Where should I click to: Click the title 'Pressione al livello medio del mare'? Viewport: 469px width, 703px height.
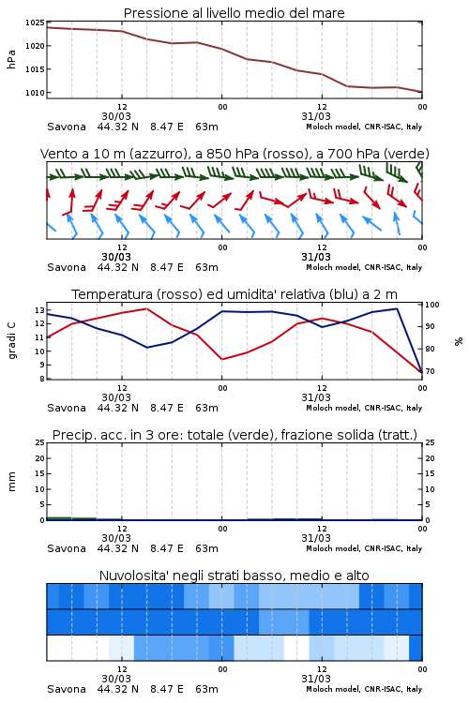[234, 13]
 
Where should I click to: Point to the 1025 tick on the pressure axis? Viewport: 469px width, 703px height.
[35, 22]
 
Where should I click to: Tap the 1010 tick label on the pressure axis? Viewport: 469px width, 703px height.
[35, 93]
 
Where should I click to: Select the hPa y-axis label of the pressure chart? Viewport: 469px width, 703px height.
[11, 59]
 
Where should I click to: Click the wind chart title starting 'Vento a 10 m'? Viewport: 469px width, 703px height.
[234, 154]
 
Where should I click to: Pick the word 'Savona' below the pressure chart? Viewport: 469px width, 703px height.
[67, 127]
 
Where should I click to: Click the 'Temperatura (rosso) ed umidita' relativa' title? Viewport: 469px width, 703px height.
[234, 294]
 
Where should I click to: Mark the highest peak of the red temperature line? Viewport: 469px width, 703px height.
[146, 308]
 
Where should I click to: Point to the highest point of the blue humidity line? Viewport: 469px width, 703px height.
[397, 308]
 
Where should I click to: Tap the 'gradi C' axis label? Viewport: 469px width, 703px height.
[11, 340]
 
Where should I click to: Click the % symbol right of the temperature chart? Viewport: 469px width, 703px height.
[459, 341]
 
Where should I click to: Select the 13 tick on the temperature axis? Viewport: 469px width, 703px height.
[39, 310]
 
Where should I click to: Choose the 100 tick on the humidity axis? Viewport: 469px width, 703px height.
[431, 305]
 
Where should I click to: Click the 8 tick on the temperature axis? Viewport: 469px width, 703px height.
[41, 379]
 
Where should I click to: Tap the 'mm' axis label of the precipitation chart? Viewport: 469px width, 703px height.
[11, 482]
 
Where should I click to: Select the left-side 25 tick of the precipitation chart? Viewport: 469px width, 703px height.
[39, 442]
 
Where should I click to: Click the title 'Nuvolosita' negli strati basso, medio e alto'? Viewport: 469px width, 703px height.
[234, 576]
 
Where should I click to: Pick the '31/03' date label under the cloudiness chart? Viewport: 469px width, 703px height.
[316, 679]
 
